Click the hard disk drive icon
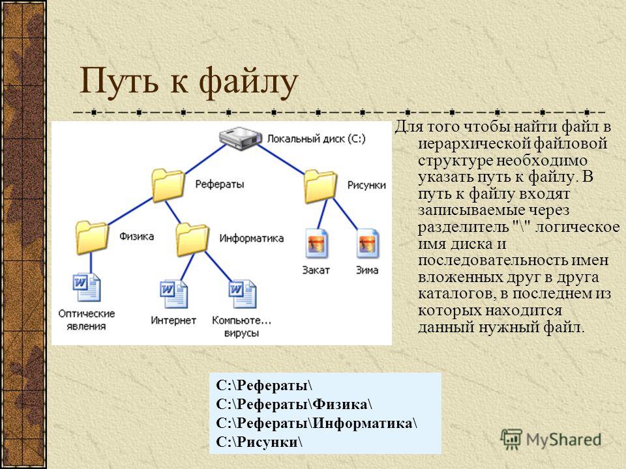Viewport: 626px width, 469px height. pyautogui.click(x=241, y=138)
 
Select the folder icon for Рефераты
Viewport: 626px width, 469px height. pyautogui.click(x=168, y=184)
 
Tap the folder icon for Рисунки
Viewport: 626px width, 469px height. pyautogui.click(x=320, y=186)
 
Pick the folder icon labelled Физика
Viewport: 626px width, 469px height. pyautogui.click(x=92, y=237)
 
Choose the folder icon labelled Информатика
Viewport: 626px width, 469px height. pyautogui.click(x=192, y=239)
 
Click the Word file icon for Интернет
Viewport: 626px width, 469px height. pyautogui.click(x=173, y=294)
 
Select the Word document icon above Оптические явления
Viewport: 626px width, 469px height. pyautogui.click(x=87, y=287)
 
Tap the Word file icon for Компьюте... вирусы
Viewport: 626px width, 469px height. pyautogui.click(x=243, y=294)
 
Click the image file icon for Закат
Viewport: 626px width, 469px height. pyautogui.click(x=317, y=244)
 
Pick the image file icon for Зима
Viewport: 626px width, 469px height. pyautogui.click(x=367, y=244)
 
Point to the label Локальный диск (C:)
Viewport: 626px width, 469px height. pyautogui.click(x=316, y=139)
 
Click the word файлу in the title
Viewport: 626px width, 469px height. pyautogui.click(x=248, y=82)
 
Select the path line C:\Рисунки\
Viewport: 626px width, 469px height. pyautogui.click(x=259, y=442)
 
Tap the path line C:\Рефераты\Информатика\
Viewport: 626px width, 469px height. pyautogui.click(x=317, y=423)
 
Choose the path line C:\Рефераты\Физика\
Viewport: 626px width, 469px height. pyautogui.click(x=294, y=404)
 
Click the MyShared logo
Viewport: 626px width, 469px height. pyautogui.click(x=551, y=439)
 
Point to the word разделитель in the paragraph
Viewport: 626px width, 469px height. pyautogui.click(x=463, y=227)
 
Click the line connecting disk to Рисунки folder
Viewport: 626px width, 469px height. pyautogui.click(x=280, y=159)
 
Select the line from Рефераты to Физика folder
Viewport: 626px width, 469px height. pyautogui.click(x=130, y=211)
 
